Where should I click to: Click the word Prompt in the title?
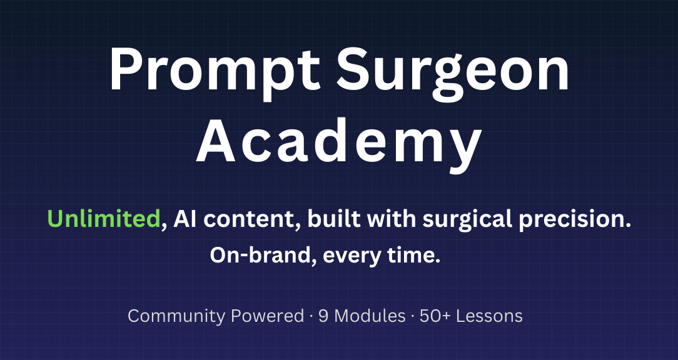215,71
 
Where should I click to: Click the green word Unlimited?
104,219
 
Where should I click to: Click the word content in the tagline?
253,219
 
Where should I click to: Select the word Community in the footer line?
176,316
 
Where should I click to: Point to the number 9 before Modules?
323,316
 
